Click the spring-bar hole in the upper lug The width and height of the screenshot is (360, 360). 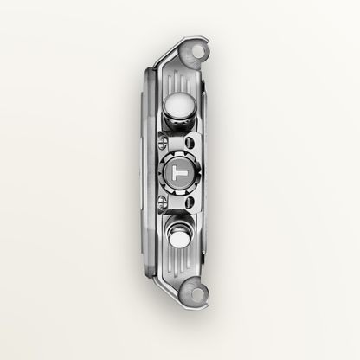199,52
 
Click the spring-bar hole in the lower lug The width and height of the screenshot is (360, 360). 198,293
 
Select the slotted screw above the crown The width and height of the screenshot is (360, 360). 163,143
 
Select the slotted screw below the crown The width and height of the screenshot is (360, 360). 163,202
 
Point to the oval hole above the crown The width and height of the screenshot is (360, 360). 190,142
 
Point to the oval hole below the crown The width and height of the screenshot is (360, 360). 190,202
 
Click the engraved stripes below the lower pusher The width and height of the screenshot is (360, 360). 179,260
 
